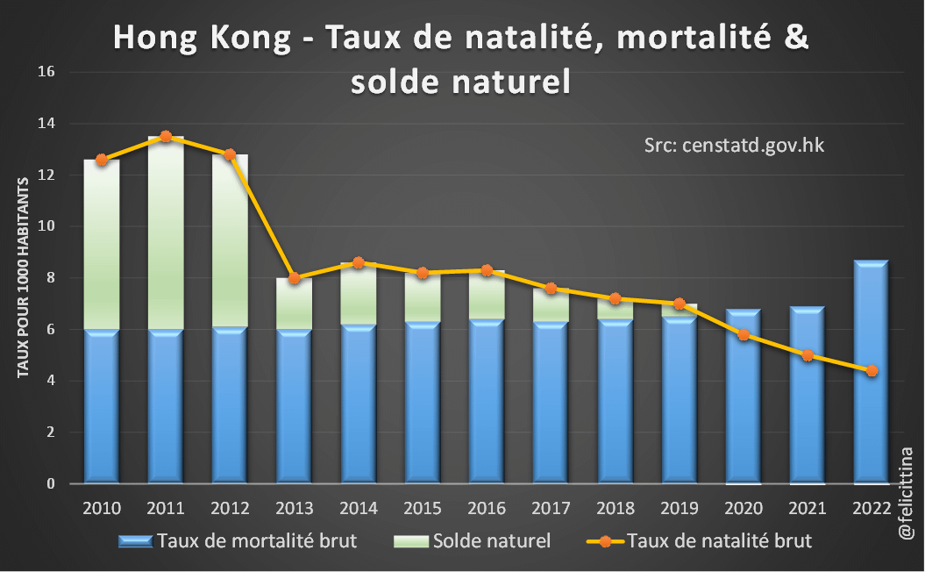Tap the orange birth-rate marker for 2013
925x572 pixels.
(x=295, y=278)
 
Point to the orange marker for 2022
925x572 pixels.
(x=871, y=371)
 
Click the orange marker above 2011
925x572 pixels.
(x=166, y=137)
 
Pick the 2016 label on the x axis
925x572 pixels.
(x=487, y=508)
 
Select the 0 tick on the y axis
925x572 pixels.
(x=51, y=483)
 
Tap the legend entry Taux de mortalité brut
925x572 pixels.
(x=240, y=540)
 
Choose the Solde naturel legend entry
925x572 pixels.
(x=480, y=540)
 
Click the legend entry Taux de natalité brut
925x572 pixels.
(x=701, y=540)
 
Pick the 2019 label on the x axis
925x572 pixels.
(x=679, y=508)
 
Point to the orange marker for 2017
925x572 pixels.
(x=551, y=289)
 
